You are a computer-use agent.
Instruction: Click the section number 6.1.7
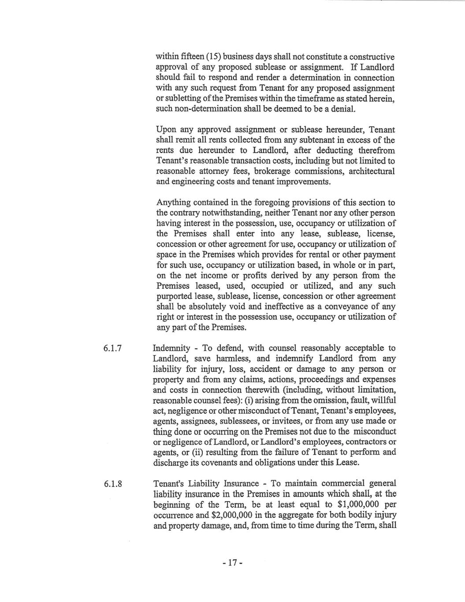point(112,348)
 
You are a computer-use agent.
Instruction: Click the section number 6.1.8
point(112,484)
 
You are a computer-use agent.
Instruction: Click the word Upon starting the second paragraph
point(165,130)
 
